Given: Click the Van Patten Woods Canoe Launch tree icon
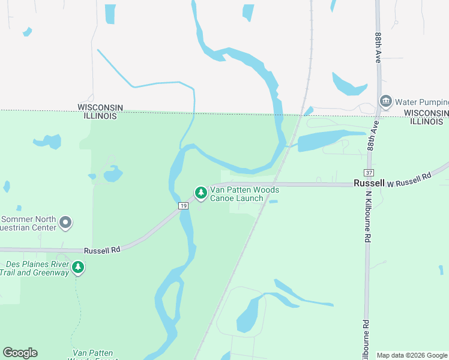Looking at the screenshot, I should pos(201,193).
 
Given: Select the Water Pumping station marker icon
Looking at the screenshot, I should pos(385,100).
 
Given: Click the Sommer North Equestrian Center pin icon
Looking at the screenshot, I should pos(66,223).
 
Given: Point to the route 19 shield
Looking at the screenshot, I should pos(183,206).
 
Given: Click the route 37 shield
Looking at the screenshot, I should pos(369,173).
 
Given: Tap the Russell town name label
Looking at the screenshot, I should pos(369,183).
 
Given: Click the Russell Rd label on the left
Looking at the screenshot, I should pos(102,250).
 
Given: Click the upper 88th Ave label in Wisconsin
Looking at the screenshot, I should pos(378,48).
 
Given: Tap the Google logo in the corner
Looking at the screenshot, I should pos(20,353).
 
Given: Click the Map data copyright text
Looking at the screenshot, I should pos(412,355).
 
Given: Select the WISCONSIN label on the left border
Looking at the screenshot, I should pos(100,107).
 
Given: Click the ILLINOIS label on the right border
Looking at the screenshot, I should pos(427,121).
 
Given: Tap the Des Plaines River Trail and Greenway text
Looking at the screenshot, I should pos(37,268).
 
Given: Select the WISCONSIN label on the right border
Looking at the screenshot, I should pos(426,113).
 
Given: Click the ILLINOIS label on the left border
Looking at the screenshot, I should pos(100,116).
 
